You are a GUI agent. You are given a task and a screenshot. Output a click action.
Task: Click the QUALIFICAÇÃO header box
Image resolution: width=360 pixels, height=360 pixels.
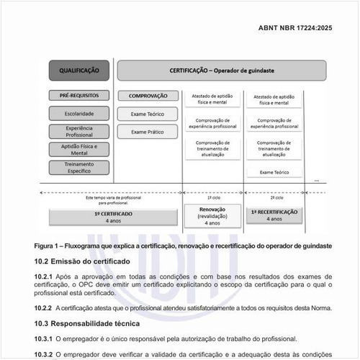(x=78, y=71)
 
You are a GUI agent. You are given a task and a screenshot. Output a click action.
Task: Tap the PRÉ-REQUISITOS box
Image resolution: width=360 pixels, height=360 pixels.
(x=78, y=95)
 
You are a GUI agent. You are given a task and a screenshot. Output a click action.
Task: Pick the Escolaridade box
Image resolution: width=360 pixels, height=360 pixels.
(x=78, y=113)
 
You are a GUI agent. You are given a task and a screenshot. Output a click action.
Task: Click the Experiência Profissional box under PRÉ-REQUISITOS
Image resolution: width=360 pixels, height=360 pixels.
(x=78, y=132)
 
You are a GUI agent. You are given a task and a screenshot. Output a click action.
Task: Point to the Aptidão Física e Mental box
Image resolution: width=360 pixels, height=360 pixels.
(x=78, y=150)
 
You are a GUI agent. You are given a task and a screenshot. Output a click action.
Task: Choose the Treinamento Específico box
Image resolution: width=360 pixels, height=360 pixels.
(x=78, y=168)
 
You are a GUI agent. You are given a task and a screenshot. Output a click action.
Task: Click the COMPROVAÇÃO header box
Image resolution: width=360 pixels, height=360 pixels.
(x=148, y=95)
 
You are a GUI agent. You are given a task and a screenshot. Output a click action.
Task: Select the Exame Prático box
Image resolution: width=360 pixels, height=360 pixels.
(x=148, y=132)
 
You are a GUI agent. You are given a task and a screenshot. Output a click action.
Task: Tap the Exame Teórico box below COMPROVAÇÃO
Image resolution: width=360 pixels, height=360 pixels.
(x=148, y=114)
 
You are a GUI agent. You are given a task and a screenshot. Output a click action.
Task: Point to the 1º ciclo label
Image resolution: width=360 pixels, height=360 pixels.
(x=213, y=197)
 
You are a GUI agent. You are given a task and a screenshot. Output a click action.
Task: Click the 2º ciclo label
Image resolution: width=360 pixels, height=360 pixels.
(x=274, y=197)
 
